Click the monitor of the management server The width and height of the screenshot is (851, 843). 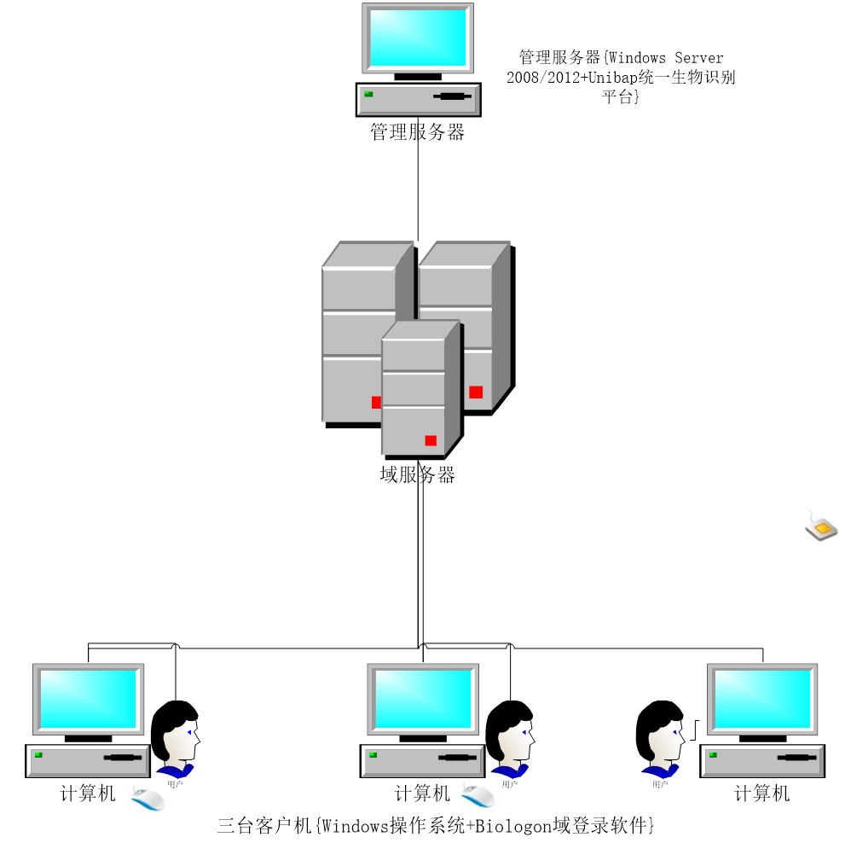click(418, 38)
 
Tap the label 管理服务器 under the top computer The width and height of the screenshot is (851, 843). click(417, 132)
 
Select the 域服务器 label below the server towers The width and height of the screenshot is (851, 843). click(417, 475)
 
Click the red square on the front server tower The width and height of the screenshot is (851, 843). click(431, 440)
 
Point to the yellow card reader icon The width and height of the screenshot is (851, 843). click(821, 527)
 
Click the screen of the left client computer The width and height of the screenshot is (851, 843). click(88, 699)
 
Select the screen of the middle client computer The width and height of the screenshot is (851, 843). click(423, 699)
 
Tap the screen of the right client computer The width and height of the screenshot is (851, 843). click(762, 699)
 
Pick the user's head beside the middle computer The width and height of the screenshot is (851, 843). click(511, 731)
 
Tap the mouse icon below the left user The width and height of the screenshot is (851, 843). click(148, 799)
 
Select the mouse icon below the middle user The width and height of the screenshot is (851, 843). click(478, 796)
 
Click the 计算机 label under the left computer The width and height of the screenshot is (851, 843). click(88, 794)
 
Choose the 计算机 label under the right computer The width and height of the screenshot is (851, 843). click(762, 794)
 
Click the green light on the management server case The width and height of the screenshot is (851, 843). click(369, 94)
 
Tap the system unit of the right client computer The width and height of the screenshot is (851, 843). click(762, 760)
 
